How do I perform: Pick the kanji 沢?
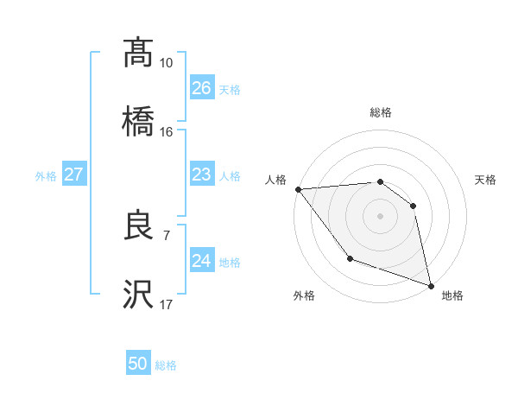click(138, 295)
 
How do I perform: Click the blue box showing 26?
click(202, 87)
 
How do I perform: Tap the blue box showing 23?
click(202, 174)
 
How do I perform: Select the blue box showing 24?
click(202, 260)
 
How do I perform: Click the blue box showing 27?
click(74, 174)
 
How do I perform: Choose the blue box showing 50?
click(138, 364)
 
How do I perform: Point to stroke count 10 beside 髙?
click(166, 63)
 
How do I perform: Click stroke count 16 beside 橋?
click(166, 132)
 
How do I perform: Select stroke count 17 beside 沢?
click(166, 305)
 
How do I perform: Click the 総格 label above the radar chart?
click(381, 112)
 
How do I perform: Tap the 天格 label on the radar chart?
click(485, 180)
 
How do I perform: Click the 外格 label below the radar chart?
click(304, 295)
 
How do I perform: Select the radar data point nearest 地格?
click(430, 284)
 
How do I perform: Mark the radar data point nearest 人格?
click(298, 189)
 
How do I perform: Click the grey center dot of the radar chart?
click(380, 216)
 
